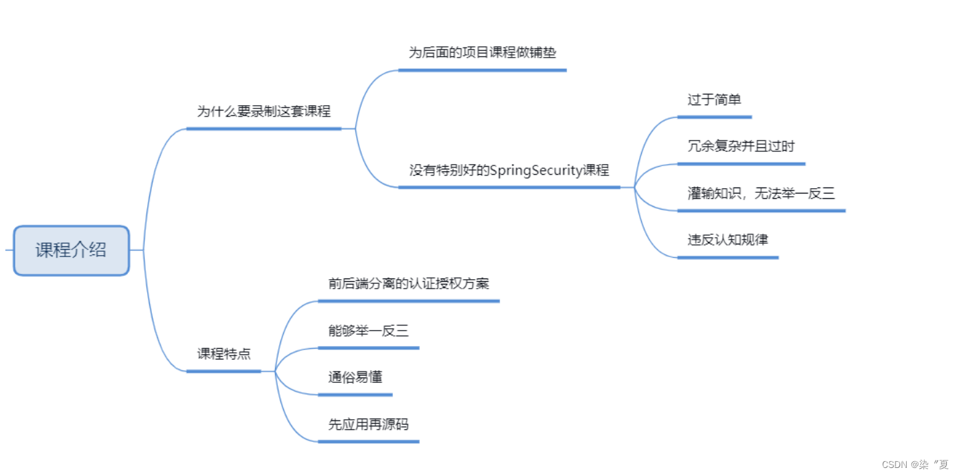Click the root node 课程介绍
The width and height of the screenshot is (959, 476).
(71, 250)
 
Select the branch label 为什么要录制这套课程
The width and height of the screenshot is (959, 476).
(264, 112)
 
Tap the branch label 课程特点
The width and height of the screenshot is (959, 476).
(224, 354)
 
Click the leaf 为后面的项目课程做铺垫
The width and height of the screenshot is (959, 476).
(482, 53)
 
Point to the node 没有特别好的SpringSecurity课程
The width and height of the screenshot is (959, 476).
(509, 170)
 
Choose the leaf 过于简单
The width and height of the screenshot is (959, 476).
(714, 100)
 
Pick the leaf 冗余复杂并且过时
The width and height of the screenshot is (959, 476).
(741, 146)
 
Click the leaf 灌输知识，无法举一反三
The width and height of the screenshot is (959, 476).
(761, 193)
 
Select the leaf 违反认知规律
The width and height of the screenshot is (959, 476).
(727, 240)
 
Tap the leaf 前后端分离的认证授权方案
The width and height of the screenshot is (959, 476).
(408, 284)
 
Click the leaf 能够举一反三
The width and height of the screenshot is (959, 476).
(368, 331)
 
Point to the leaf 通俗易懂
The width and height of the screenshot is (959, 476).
(355, 377)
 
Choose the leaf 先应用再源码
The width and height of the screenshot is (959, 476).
(368, 424)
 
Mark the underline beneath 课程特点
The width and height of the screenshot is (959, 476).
(224, 370)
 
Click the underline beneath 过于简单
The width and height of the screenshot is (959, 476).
(714, 116)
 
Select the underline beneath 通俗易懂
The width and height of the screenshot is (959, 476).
(355, 394)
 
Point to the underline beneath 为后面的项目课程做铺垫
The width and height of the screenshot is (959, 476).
(482, 70)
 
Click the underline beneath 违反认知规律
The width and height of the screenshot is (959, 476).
(727, 257)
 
